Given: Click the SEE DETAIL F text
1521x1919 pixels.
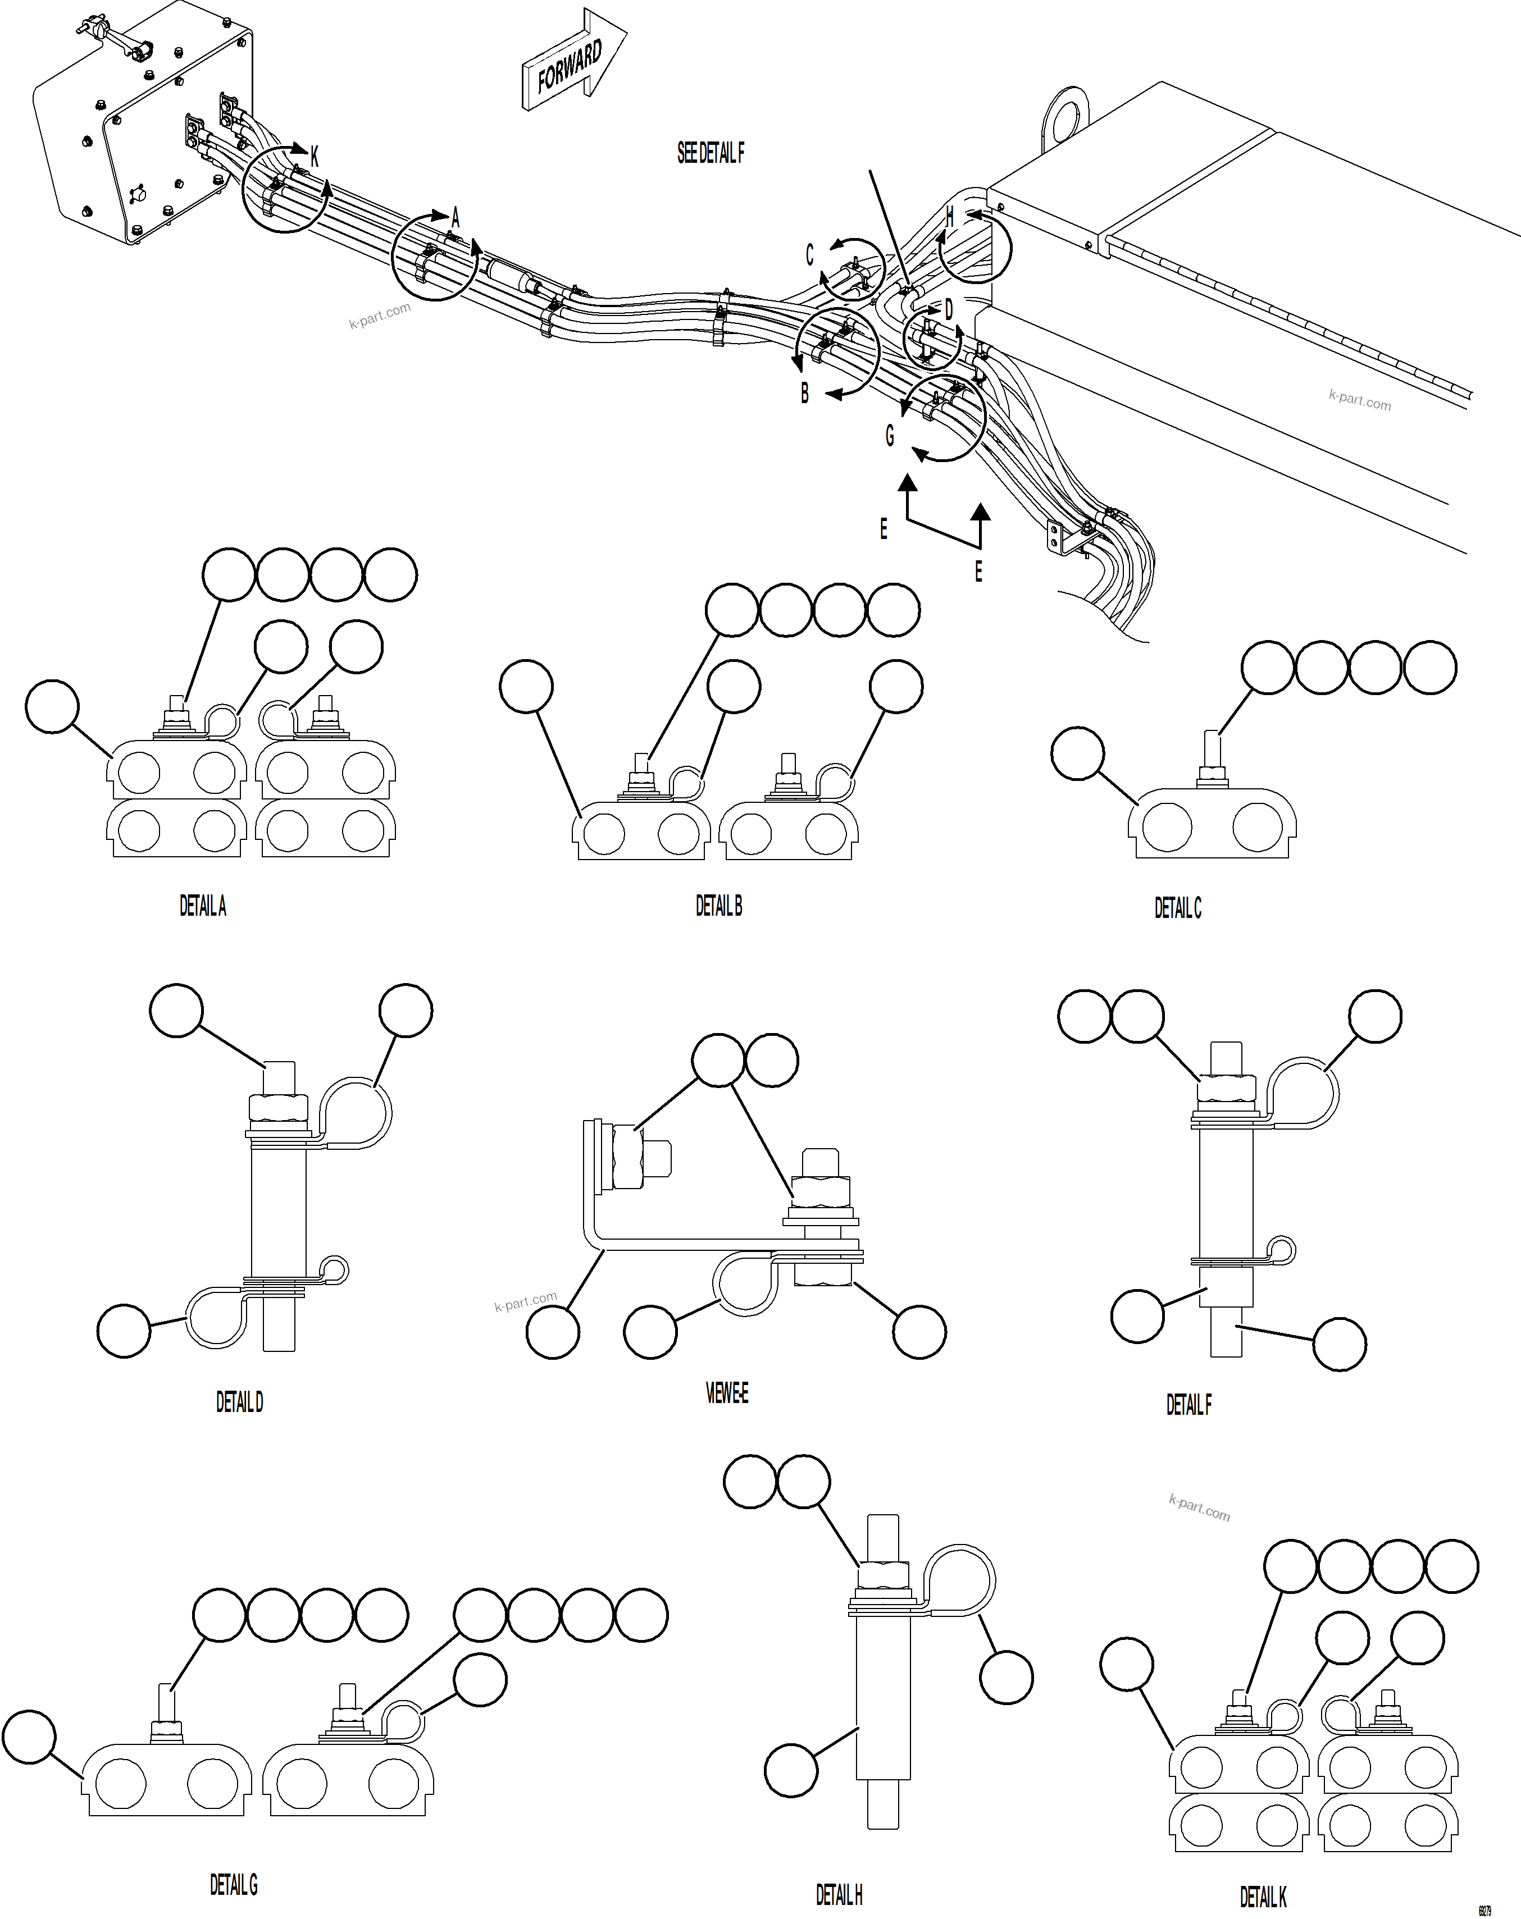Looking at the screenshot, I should [x=710, y=153].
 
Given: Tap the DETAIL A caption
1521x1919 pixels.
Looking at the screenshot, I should [x=203, y=906].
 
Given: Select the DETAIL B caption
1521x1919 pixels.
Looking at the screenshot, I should [x=718, y=906].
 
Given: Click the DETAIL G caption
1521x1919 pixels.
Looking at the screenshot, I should [x=233, y=1884].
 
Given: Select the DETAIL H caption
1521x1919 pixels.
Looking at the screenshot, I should [x=839, y=1894].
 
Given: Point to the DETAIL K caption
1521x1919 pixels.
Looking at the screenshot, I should [x=1263, y=1897].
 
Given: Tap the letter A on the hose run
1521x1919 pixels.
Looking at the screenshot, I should [x=455, y=217].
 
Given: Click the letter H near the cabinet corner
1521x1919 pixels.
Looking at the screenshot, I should [x=949, y=216].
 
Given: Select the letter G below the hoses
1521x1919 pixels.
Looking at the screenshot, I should [x=889, y=435].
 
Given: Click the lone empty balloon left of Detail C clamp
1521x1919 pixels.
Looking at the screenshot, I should [x=1077, y=753].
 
